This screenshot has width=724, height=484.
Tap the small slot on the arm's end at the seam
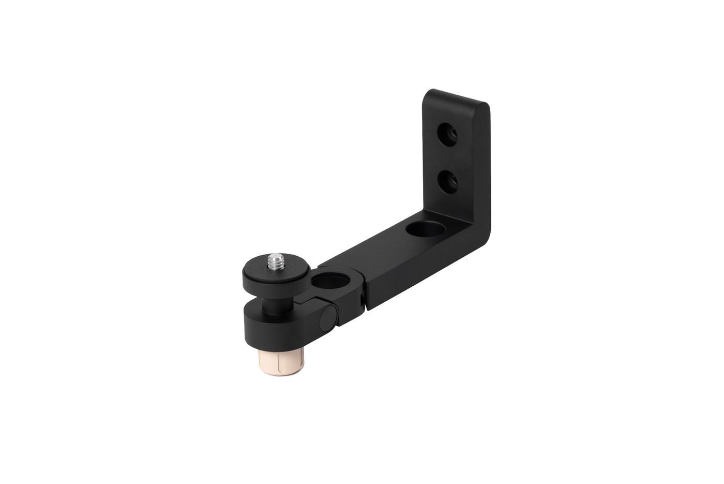360,300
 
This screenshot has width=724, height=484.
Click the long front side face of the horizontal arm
424,269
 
